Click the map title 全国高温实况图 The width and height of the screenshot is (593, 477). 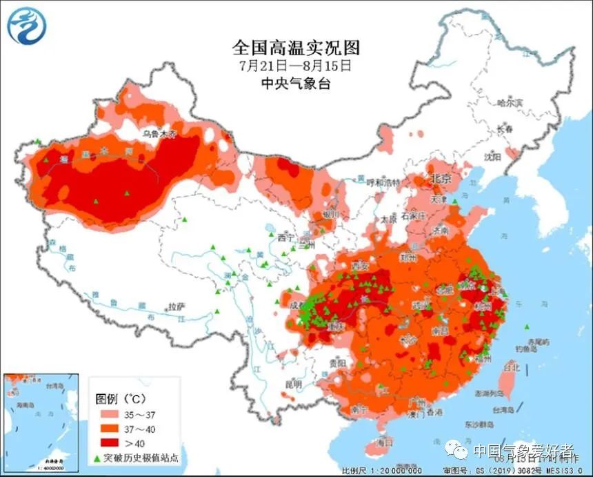(x=296, y=48)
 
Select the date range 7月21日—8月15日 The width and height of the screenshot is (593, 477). (x=296, y=66)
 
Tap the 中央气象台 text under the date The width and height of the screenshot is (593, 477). (x=296, y=84)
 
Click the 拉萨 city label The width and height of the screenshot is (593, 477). (x=177, y=306)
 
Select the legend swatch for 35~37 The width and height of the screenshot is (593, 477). (x=109, y=416)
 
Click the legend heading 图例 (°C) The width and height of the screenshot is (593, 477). (x=121, y=399)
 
